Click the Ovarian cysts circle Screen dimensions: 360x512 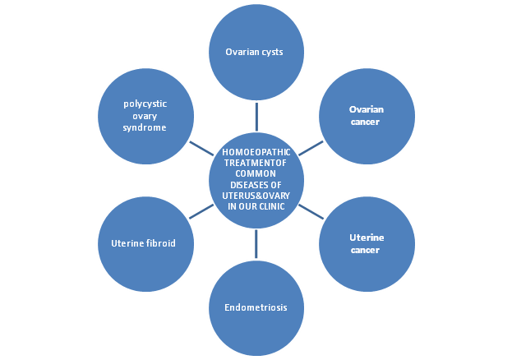click(x=256, y=53)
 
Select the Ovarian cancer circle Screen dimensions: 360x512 click(x=367, y=116)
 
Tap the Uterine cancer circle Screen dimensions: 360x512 click(x=367, y=243)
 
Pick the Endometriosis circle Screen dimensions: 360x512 click(x=256, y=307)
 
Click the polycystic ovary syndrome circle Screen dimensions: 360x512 click(x=145, y=116)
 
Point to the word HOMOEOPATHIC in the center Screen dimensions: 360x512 click(x=256, y=152)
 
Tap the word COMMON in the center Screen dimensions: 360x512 click(x=256, y=173)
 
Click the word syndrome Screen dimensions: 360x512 click(x=145, y=128)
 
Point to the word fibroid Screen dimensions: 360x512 click(x=160, y=243)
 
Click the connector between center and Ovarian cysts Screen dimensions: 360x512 click(x=256, y=116)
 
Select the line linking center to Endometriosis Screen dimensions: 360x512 click(x=256, y=244)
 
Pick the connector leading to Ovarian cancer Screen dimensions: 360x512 click(x=310, y=148)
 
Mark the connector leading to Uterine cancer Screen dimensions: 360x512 click(x=310, y=211)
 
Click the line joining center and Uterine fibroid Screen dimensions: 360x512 click(x=201, y=211)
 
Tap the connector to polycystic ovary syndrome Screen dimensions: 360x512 click(x=201, y=148)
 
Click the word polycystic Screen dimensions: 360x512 click(x=145, y=104)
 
